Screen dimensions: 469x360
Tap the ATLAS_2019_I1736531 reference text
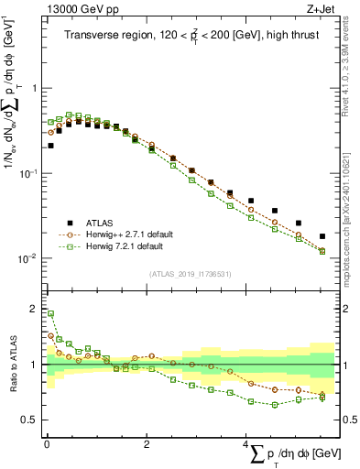tap(190, 273)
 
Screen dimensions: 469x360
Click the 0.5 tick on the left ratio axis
tap(33, 420)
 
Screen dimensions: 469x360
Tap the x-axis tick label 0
tap(47, 443)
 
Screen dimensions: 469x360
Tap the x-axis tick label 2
tap(147, 443)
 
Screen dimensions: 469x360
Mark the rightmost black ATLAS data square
tap(322, 236)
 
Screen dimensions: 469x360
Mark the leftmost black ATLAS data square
tap(50, 145)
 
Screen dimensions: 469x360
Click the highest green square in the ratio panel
tap(50, 313)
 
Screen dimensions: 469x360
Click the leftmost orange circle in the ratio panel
tap(50, 335)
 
